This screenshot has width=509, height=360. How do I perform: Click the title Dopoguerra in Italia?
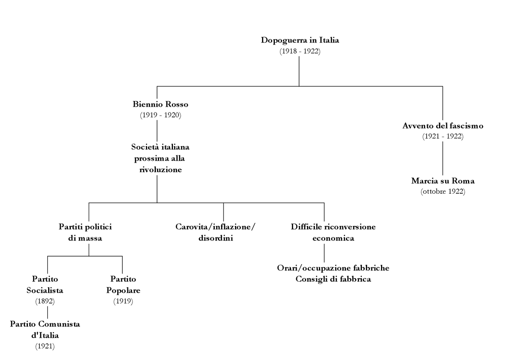[300, 40]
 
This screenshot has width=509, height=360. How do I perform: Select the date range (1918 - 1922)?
[300, 51]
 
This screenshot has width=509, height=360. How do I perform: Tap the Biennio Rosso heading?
[160, 105]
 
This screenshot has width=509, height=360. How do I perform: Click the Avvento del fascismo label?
[443, 126]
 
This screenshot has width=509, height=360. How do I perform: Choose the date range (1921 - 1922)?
[443, 136]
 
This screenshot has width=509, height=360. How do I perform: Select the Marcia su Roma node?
[443, 181]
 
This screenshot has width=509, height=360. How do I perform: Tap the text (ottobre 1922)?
[443, 191]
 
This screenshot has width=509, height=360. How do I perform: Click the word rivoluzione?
[160, 169]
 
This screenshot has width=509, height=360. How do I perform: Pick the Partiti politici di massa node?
[85, 233]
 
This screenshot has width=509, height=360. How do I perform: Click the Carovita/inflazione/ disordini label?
[215, 233]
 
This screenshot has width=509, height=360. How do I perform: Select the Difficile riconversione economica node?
[333, 233]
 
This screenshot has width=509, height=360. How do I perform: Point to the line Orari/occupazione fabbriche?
[333, 268]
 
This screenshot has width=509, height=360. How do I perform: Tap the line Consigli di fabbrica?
[333, 279]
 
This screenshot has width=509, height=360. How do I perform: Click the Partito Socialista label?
[45, 285]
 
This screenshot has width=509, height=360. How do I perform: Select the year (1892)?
[45, 301]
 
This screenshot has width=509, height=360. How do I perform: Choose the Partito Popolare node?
[123, 285]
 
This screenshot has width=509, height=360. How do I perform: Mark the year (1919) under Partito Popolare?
[123, 301]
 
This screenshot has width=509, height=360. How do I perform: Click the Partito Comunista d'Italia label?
[45, 329]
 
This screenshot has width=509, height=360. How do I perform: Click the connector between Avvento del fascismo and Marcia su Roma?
[443, 158]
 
